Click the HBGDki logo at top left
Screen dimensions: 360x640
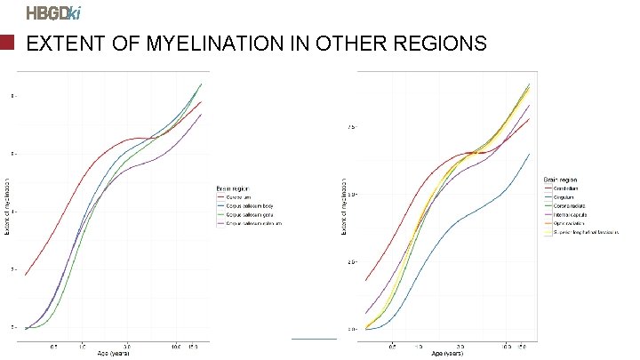(53, 12)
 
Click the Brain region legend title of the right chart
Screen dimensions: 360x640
(562, 181)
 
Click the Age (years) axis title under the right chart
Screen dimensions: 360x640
(447, 353)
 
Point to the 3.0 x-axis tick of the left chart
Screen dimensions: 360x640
(128, 345)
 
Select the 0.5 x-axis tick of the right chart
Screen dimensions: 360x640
(394, 345)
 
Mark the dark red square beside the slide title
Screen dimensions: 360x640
(8, 44)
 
